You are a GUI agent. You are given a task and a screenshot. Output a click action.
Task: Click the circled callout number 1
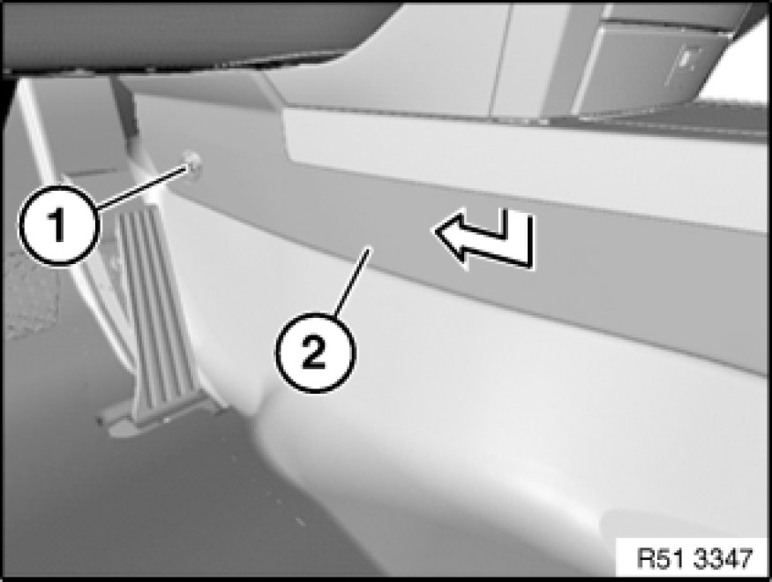pos(58,226)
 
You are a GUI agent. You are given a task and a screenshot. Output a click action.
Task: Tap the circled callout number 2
pos(313,351)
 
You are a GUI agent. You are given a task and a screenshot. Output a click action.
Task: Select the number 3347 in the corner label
pos(723,558)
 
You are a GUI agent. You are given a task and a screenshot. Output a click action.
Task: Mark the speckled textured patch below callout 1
pos(28,296)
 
